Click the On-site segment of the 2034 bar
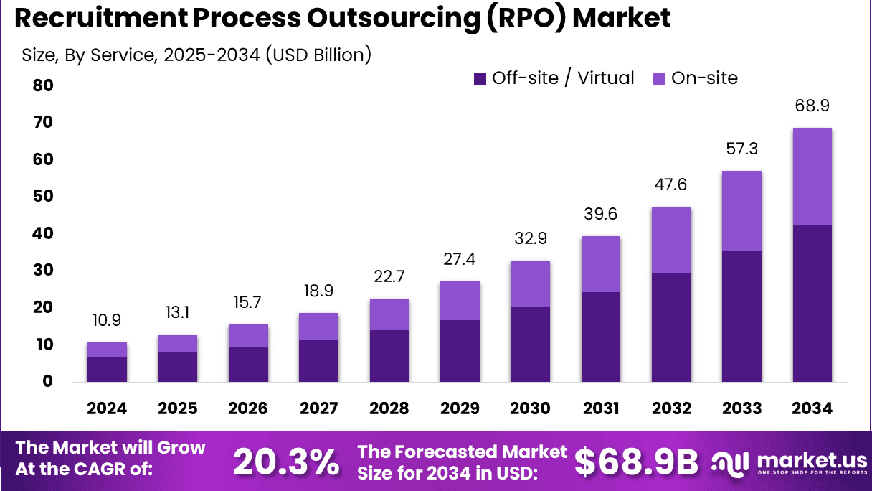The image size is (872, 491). click(x=812, y=177)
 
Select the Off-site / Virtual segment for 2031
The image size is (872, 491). click(x=601, y=337)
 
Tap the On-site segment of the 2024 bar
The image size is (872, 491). click(x=107, y=350)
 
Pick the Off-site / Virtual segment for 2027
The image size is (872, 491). click(x=318, y=360)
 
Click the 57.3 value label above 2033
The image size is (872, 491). click(x=741, y=149)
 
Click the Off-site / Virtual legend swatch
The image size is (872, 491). click(x=480, y=78)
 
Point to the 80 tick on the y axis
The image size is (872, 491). click(x=43, y=85)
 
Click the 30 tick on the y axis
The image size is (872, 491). click(x=43, y=271)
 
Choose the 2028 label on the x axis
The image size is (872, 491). click(x=389, y=408)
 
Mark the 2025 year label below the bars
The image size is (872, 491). click(x=177, y=408)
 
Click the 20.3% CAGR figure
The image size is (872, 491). click(x=287, y=463)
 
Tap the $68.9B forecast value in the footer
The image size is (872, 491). click(x=636, y=463)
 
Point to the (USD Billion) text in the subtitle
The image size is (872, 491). click(x=318, y=55)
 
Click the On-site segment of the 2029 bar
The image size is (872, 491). click(x=460, y=301)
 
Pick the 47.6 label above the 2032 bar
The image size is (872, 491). click(x=671, y=185)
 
